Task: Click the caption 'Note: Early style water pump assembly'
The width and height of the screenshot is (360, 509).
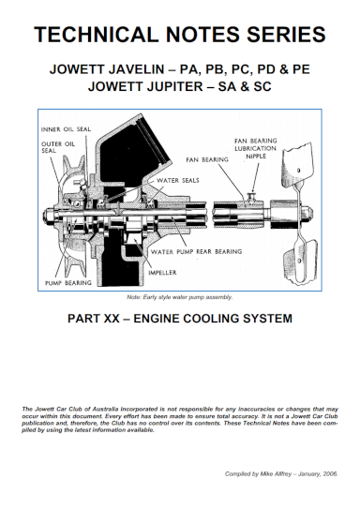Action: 179,297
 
